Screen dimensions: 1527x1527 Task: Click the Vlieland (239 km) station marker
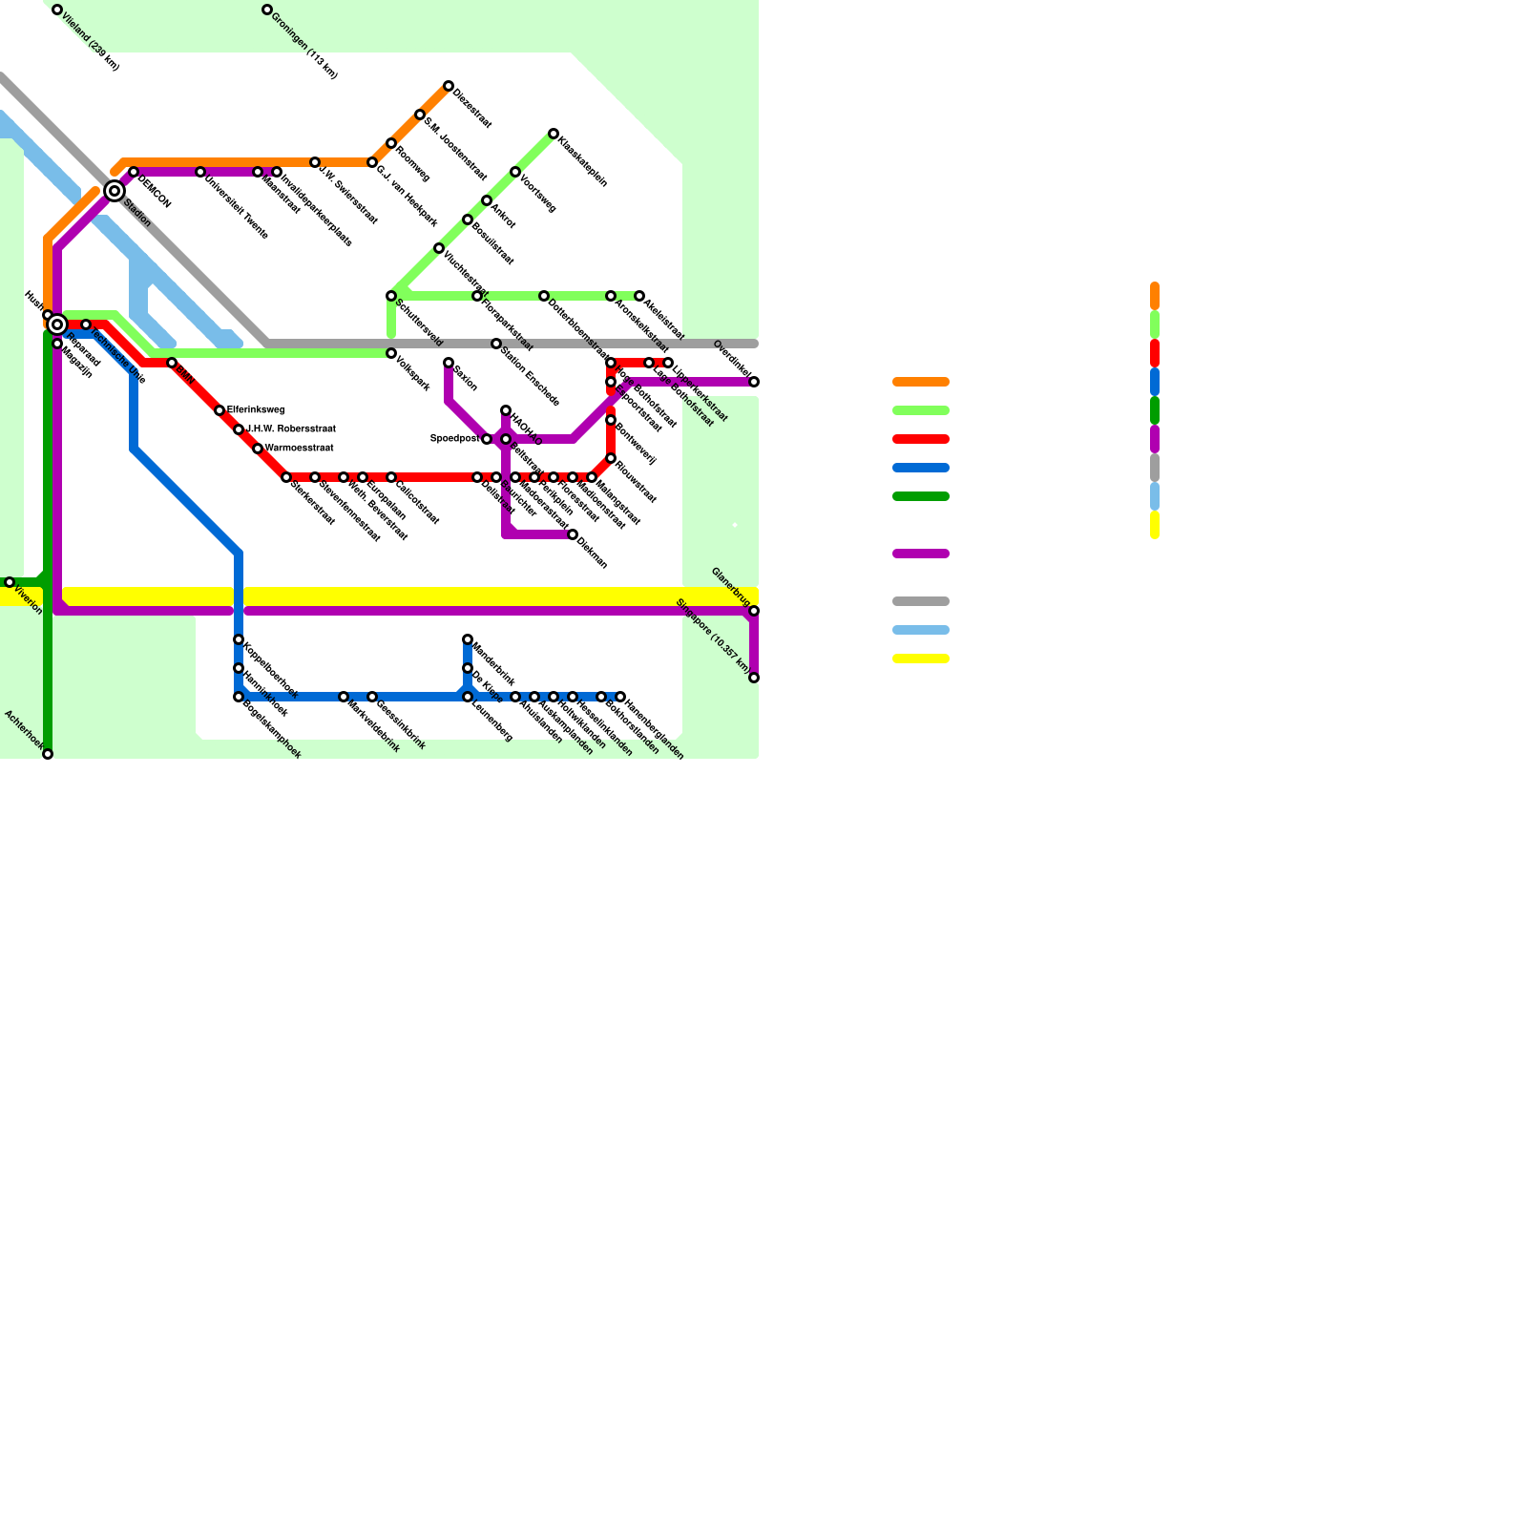[x=57, y=10]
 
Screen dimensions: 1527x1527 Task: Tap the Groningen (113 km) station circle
[x=267, y=10]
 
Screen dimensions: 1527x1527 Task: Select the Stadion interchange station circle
[x=115, y=191]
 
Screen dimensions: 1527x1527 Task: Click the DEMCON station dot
[x=134, y=173]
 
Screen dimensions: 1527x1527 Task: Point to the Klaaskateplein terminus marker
[x=554, y=134]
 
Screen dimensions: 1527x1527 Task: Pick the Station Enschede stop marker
[x=496, y=344]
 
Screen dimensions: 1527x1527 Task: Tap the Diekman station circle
[x=573, y=534]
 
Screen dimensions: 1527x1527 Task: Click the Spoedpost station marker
[x=487, y=439]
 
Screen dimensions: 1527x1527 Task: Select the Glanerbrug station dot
[x=754, y=611]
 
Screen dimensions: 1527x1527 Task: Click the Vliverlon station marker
[x=10, y=582]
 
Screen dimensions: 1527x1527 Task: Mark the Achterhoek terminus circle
[x=48, y=755]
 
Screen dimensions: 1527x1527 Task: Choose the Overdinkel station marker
[x=754, y=382]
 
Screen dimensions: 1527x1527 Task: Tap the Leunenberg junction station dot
[x=468, y=697]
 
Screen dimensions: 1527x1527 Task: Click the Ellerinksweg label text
[x=256, y=410]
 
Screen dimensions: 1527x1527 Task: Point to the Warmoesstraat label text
[x=300, y=448]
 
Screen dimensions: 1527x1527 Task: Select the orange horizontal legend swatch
[x=921, y=382]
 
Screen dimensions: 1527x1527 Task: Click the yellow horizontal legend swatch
[x=921, y=659]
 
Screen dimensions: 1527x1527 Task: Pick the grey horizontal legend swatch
[x=921, y=601]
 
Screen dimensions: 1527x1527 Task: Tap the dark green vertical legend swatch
[x=1155, y=410]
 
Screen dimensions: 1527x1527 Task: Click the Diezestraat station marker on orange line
[x=449, y=87]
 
